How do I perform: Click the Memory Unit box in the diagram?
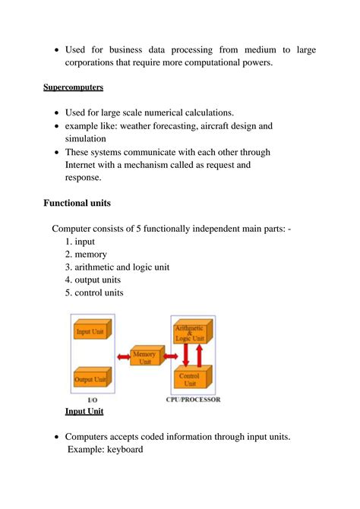(144, 358)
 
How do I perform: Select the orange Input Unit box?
(91, 330)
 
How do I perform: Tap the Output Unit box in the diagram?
(91, 378)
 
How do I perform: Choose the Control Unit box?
(191, 378)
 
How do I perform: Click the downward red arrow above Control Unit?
(185, 355)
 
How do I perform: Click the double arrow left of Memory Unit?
(122, 356)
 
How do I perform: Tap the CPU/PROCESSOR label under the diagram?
(193, 400)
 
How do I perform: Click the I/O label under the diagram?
(93, 400)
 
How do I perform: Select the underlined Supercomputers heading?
(73, 87)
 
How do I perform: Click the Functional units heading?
(77, 204)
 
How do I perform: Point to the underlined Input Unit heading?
(84, 411)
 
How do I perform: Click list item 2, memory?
(86, 254)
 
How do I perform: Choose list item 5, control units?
(93, 292)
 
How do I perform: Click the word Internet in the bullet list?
(84, 164)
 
